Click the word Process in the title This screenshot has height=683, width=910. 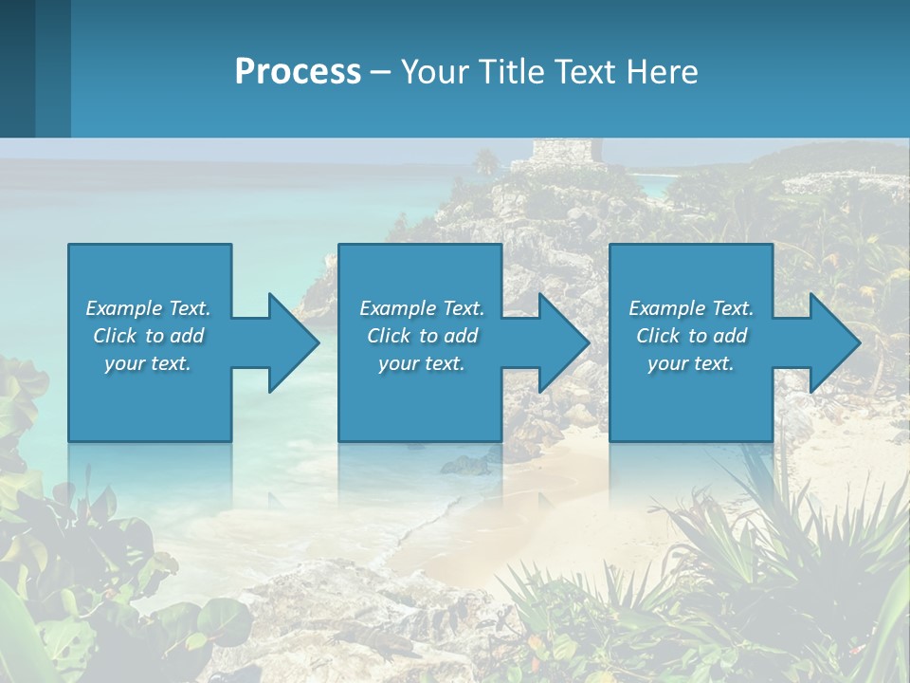(x=298, y=72)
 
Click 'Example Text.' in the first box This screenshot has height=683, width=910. (x=148, y=308)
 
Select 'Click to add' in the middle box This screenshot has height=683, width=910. (x=422, y=336)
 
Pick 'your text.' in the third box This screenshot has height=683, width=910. (x=691, y=363)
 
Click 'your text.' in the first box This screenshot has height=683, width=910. (x=148, y=363)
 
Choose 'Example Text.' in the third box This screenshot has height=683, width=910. (x=691, y=308)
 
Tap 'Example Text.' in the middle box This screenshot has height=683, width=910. (x=422, y=308)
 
